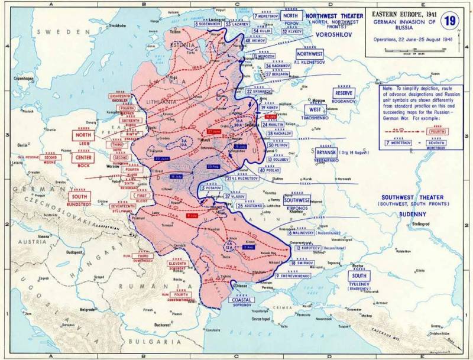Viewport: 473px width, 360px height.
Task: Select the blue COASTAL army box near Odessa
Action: pos(241,300)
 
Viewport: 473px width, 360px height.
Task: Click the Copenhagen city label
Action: pos(24,78)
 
